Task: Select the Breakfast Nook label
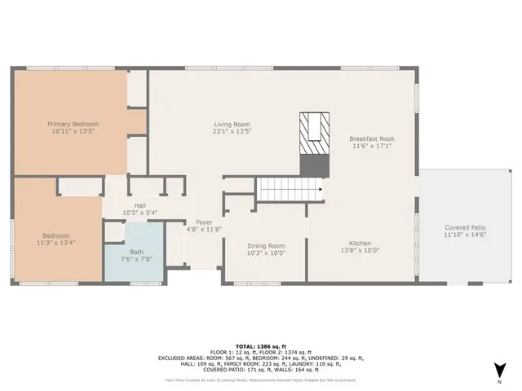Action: coord(373,139)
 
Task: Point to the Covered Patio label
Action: coord(465,227)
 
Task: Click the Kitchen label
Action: coord(361,244)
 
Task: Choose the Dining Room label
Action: coord(266,245)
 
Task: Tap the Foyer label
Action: coord(203,222)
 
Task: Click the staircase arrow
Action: coord(320,190)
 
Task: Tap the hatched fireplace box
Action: coord(314,130)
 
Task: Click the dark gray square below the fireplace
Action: coord(314,165)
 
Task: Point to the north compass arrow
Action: coord(497,371)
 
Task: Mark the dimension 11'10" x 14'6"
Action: coord(465,235)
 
